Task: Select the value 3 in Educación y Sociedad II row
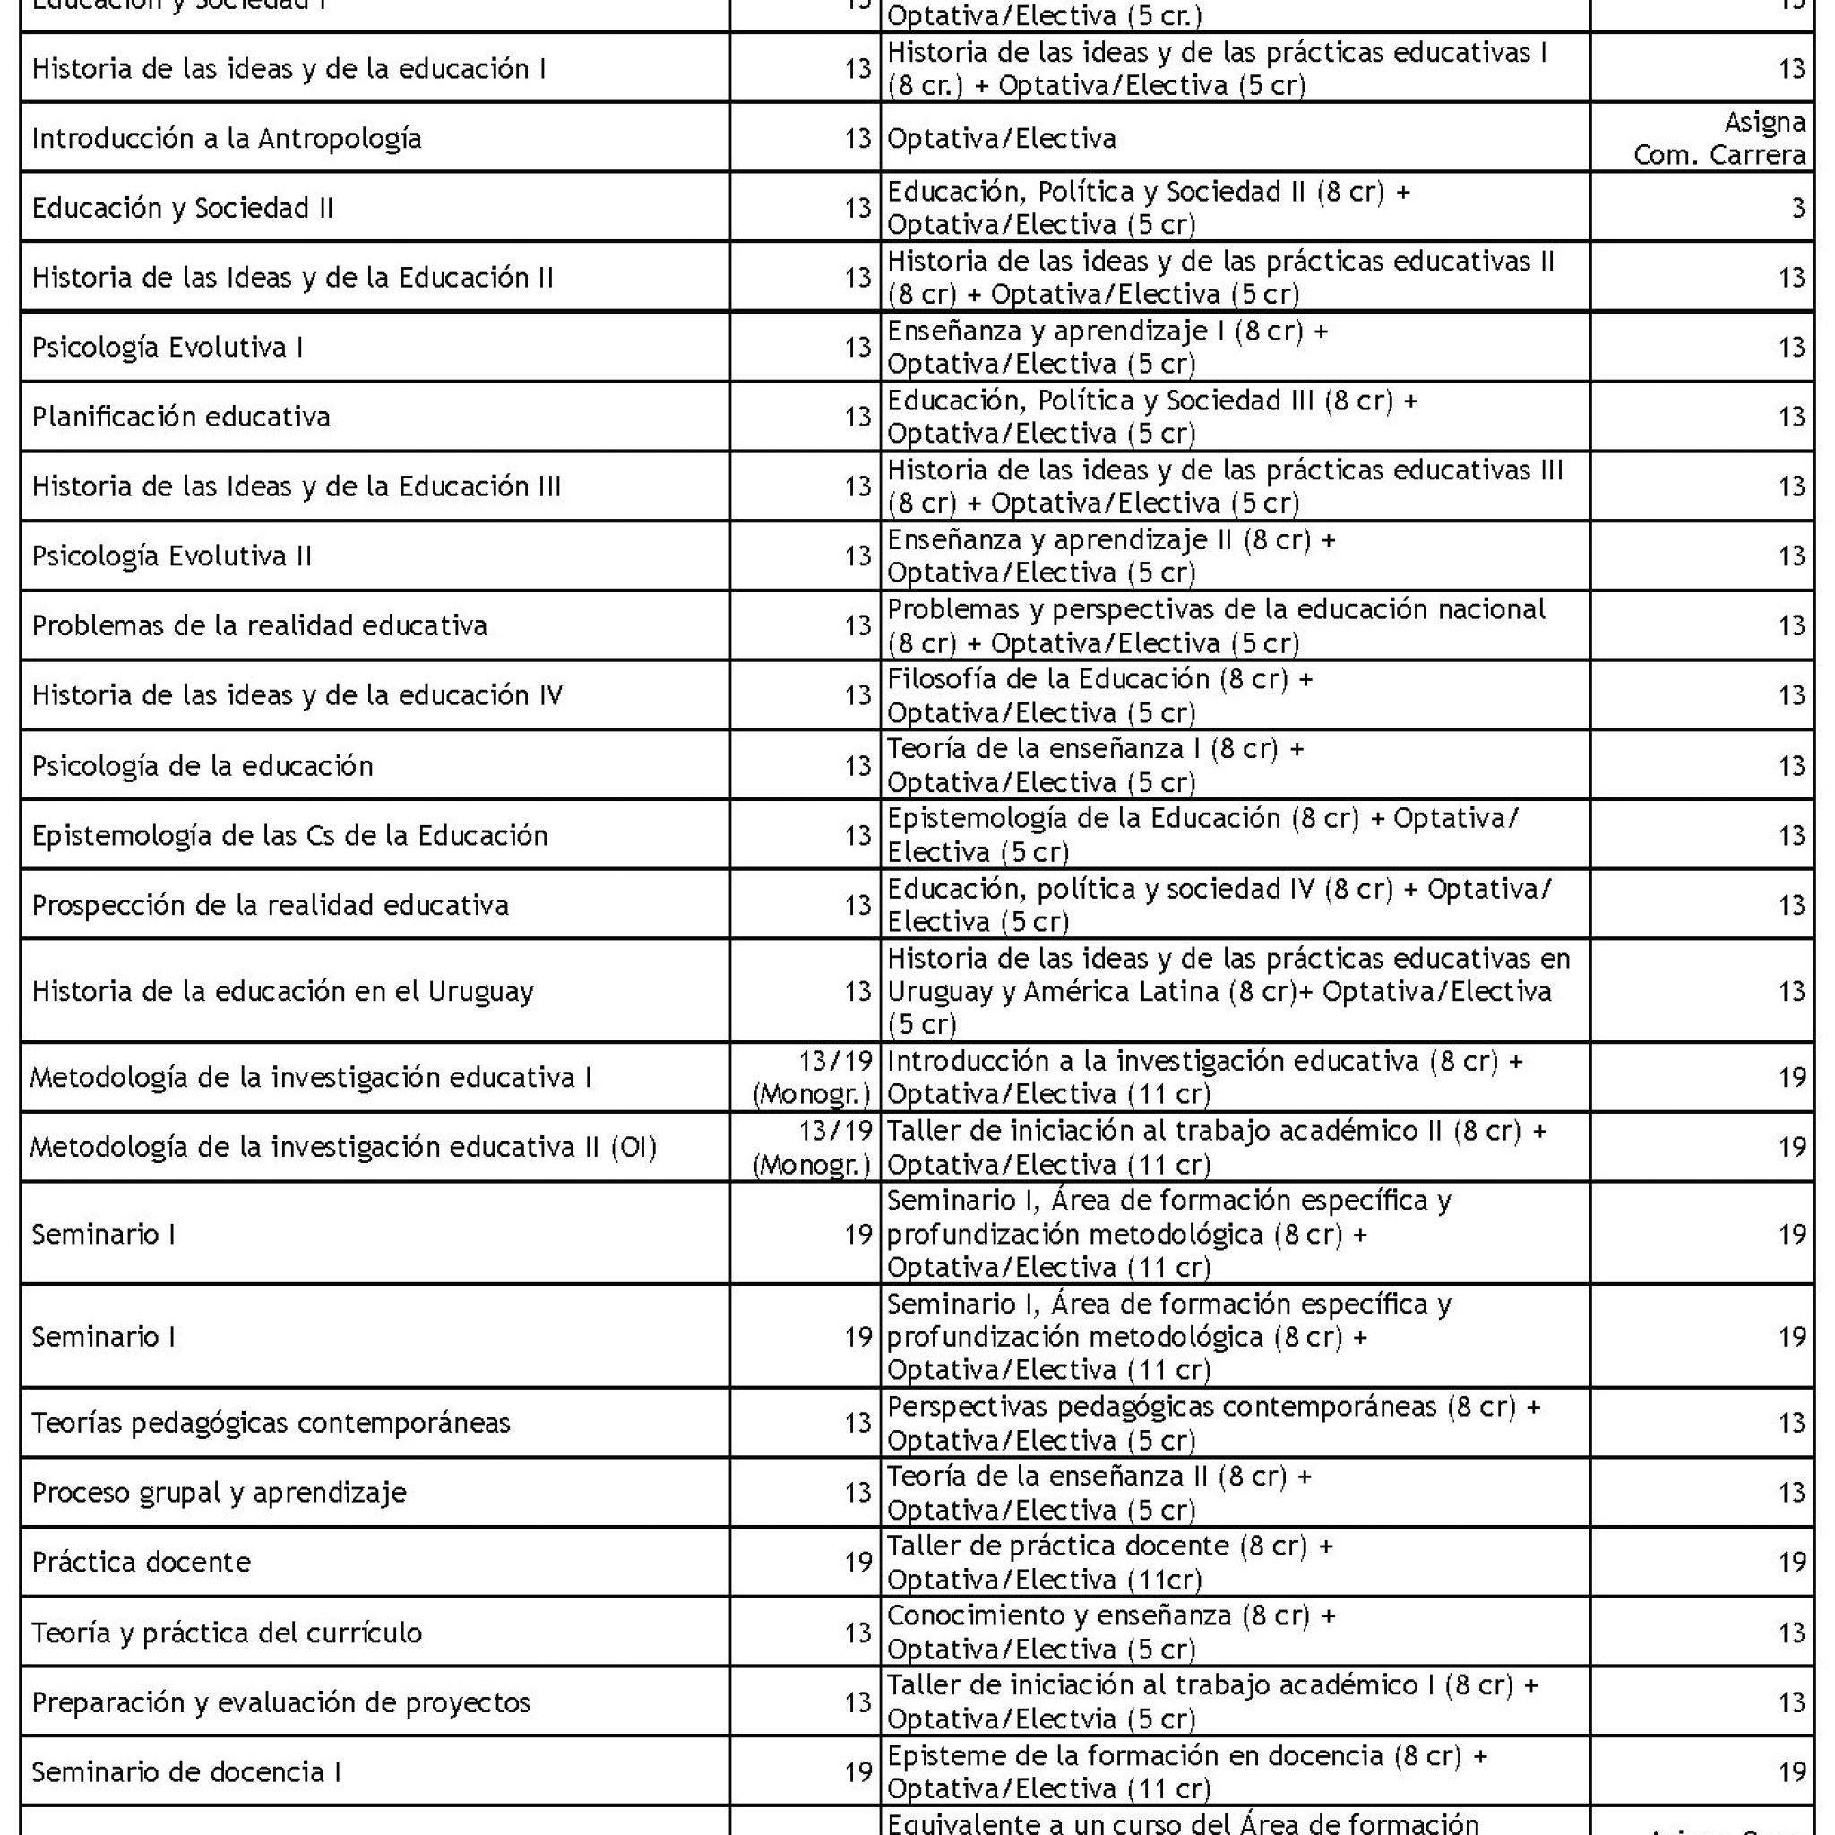click(x=1797, y=208)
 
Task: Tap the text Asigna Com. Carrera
click(x=1719, y=139)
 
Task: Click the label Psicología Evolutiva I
click(x=168, y=348)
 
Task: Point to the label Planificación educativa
click(x=180, y=417)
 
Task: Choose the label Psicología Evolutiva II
click(x=171, y=556)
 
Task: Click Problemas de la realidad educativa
click(x=259, y=626)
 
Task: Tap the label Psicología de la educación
click(x=202, y=765)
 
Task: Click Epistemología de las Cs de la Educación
click(x=289, y=836)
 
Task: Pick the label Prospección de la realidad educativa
click(x=270, y=905)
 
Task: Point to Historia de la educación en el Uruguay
click(x=282, y=992)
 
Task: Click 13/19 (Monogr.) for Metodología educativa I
click(x=812, y=1078)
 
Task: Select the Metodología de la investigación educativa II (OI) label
click(x=343, y=1148)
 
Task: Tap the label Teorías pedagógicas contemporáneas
click(x=271, y=1423)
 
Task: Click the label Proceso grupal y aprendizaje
click(x=219, y=1492)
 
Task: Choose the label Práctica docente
click(x=141, y=1563)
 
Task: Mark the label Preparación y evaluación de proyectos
click(x=280, y=1702)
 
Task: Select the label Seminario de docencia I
click(x=186, y=1772)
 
